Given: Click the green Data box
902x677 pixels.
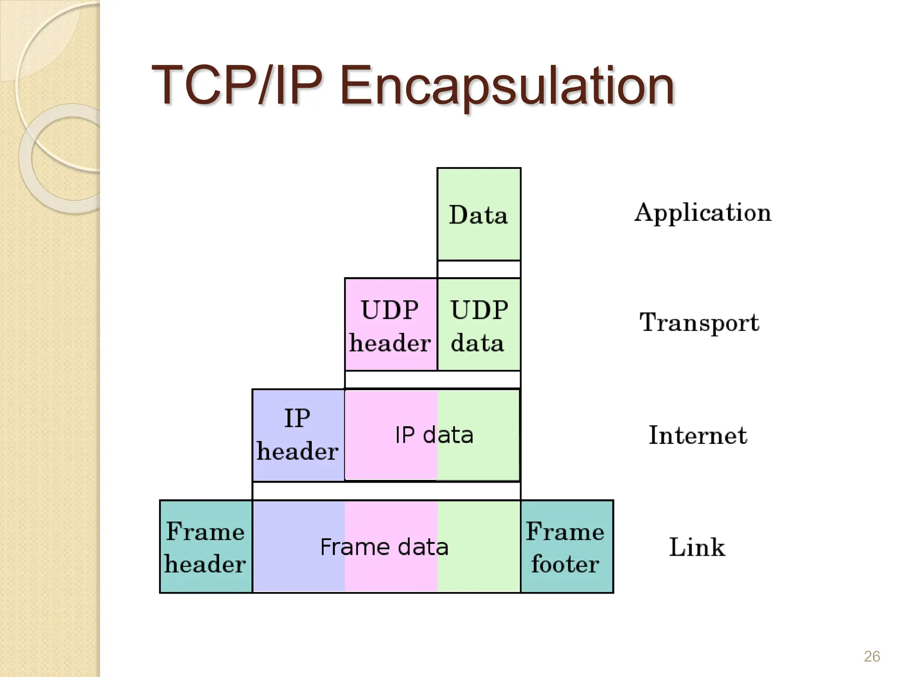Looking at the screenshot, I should point(479,214).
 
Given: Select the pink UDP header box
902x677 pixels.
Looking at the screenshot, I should point(390,325).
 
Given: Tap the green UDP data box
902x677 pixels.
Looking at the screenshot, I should point(479,325).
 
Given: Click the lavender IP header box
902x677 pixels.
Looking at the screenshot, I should point(298,435).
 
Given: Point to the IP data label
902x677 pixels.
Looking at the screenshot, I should point(434,435).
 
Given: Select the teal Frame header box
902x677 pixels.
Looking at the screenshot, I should point(205,547).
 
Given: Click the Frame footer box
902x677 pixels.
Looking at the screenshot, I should point(566,547).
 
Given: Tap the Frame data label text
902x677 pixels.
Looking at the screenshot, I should point(384,547).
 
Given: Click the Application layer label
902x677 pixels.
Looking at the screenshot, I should point(703,213).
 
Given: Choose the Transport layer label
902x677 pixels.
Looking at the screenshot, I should point(699,323).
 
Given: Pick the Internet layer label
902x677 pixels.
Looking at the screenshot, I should point(698,435).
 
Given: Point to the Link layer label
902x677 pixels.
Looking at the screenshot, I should point(697,547).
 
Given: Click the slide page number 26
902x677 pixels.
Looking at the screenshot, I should point(872,656).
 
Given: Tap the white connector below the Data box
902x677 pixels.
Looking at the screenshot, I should point(479,269).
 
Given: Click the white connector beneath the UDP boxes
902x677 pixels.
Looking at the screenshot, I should point(433,379).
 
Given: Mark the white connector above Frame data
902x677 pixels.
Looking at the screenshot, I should point(386,491).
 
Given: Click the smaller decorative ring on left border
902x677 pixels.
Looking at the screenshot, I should point(66,159).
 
